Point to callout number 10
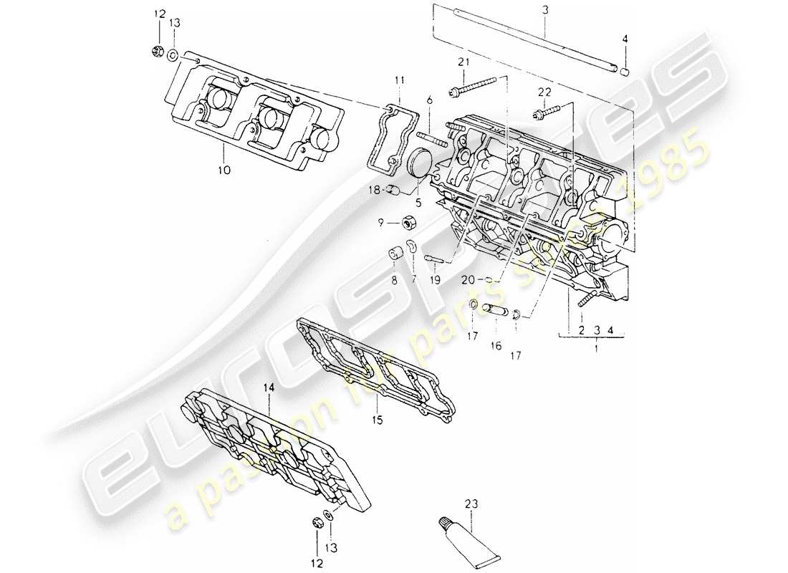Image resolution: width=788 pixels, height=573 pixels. (x=222, y=170)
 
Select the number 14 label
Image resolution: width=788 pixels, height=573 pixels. (x=269, y=387)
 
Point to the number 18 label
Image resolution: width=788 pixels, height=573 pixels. (x=373, y=190)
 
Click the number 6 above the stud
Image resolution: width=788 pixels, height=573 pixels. (x=431, y=102)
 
